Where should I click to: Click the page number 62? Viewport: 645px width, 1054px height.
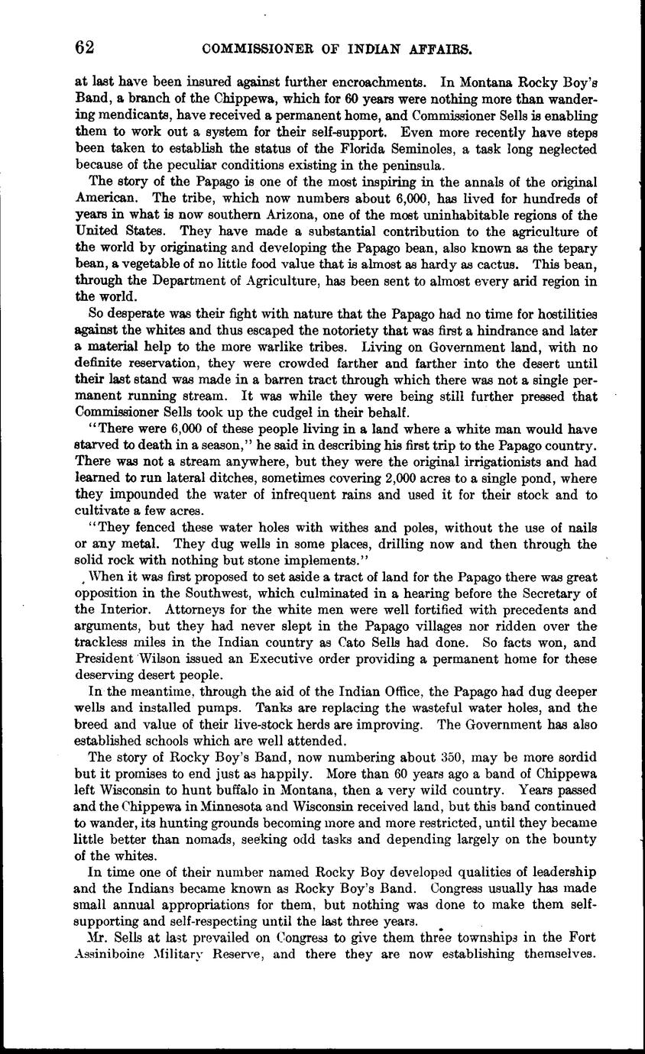click(x=85, y=47)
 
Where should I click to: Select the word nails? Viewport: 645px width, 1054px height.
click(x=581, y=529)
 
